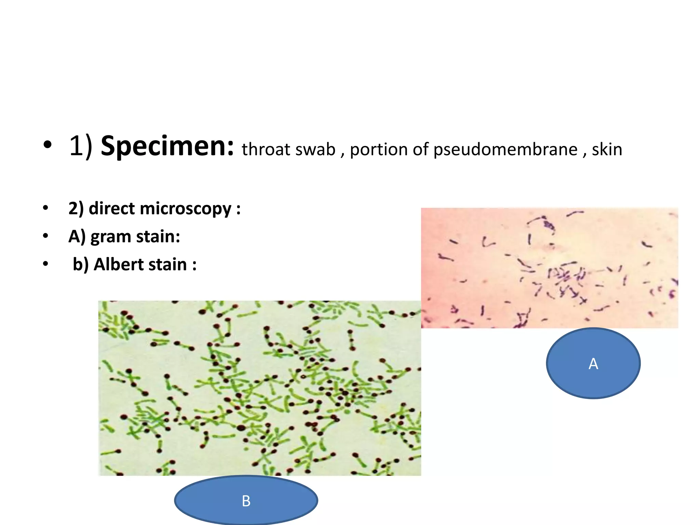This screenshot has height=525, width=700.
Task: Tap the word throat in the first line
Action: pyautogui.click(x=264, y=149)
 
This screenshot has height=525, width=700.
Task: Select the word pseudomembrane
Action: pyautogui.click(x=505, y=149)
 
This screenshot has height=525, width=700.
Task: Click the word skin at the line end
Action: pyautogui.click(x=607, y=149)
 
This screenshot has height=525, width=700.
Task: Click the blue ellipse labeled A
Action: pyautogui.click(x=593, y=376)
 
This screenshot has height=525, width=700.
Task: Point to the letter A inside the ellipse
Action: pyautogui.click(x=593, y=364)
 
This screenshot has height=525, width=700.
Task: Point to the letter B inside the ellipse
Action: pyautogui.click(x=246, y=501)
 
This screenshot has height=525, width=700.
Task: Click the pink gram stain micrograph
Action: pyautogui.click(x=549, y=268)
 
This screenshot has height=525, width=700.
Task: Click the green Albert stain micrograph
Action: pyautogui.click(x=260, y=388)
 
